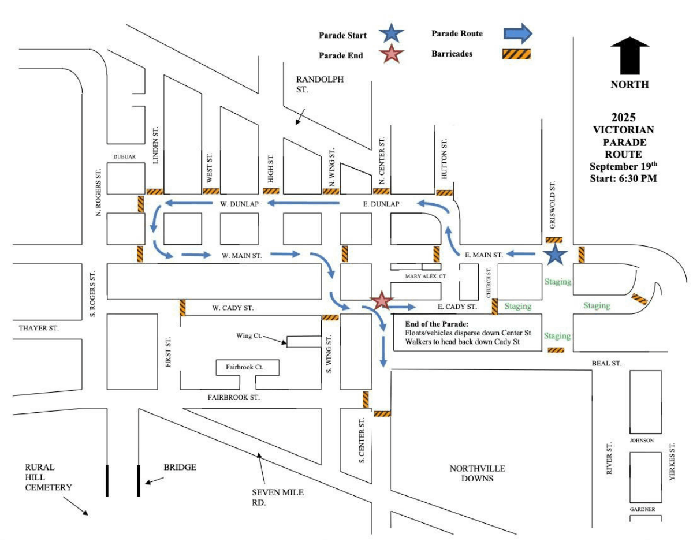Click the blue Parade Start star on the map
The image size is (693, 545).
click(555, 254)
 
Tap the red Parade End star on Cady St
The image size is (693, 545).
click(381, 301)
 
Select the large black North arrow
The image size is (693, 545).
click(629, 55)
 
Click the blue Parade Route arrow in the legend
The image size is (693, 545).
click(513, 33)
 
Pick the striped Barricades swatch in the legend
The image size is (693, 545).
click(516, 54)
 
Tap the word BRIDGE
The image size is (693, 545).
click(180, 467)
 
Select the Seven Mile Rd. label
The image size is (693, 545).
click(277, 497)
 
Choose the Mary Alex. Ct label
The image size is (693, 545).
click(426, 277)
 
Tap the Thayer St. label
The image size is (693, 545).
click(39, 328)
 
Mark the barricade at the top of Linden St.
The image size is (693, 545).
click(155, 191)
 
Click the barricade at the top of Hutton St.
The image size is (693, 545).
click(444, 193)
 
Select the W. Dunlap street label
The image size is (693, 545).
click(239, 204)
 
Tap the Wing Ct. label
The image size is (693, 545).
click(249, 335)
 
